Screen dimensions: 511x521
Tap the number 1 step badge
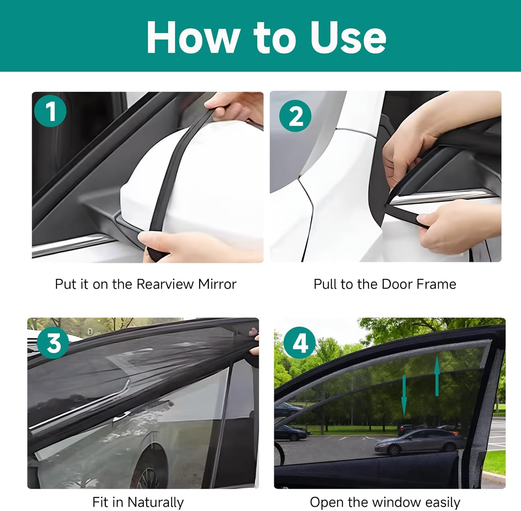pyautogui.click(x=50, y=111)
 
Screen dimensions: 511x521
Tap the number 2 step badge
pyautogui.click(x=295, y=116)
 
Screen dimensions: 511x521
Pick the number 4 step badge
pyautogui.click(x=300, y=343)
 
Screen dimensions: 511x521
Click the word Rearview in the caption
pyautogui.click(x=165, y=284)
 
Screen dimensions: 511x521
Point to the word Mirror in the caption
pyautogui.click(x=217, y=284)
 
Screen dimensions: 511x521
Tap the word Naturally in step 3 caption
pyautogui.click(x=155, y=502)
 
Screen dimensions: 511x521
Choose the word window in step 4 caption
pyautogui.click(x=395, y=502)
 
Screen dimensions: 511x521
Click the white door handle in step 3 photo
pyautogui.click(x=121, y=415)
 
